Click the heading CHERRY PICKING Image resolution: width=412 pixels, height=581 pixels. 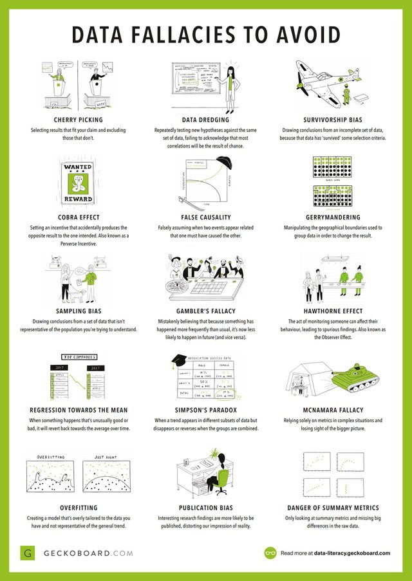click(x=79, y=120)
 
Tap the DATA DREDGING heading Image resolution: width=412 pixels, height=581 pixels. click(x=206, y=120)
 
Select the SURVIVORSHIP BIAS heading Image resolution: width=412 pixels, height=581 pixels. click(x=335, y=120)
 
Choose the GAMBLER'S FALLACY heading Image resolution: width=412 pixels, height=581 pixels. click(x=206, y=311)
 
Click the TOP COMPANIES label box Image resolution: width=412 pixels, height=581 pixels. click(x=79, y=356)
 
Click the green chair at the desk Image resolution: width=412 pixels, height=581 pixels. click(x=222, y=479)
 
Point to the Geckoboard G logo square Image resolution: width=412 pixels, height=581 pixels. click(x=27, y=553)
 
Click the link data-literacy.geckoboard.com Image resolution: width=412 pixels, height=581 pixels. click(x=353, y=553)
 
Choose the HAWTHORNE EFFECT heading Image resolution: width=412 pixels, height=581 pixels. click(x=335, y=311)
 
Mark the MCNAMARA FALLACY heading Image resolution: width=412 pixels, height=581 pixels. click(x=335, y=409)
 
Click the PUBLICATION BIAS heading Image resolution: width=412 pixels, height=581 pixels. click(x=206, y=507)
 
